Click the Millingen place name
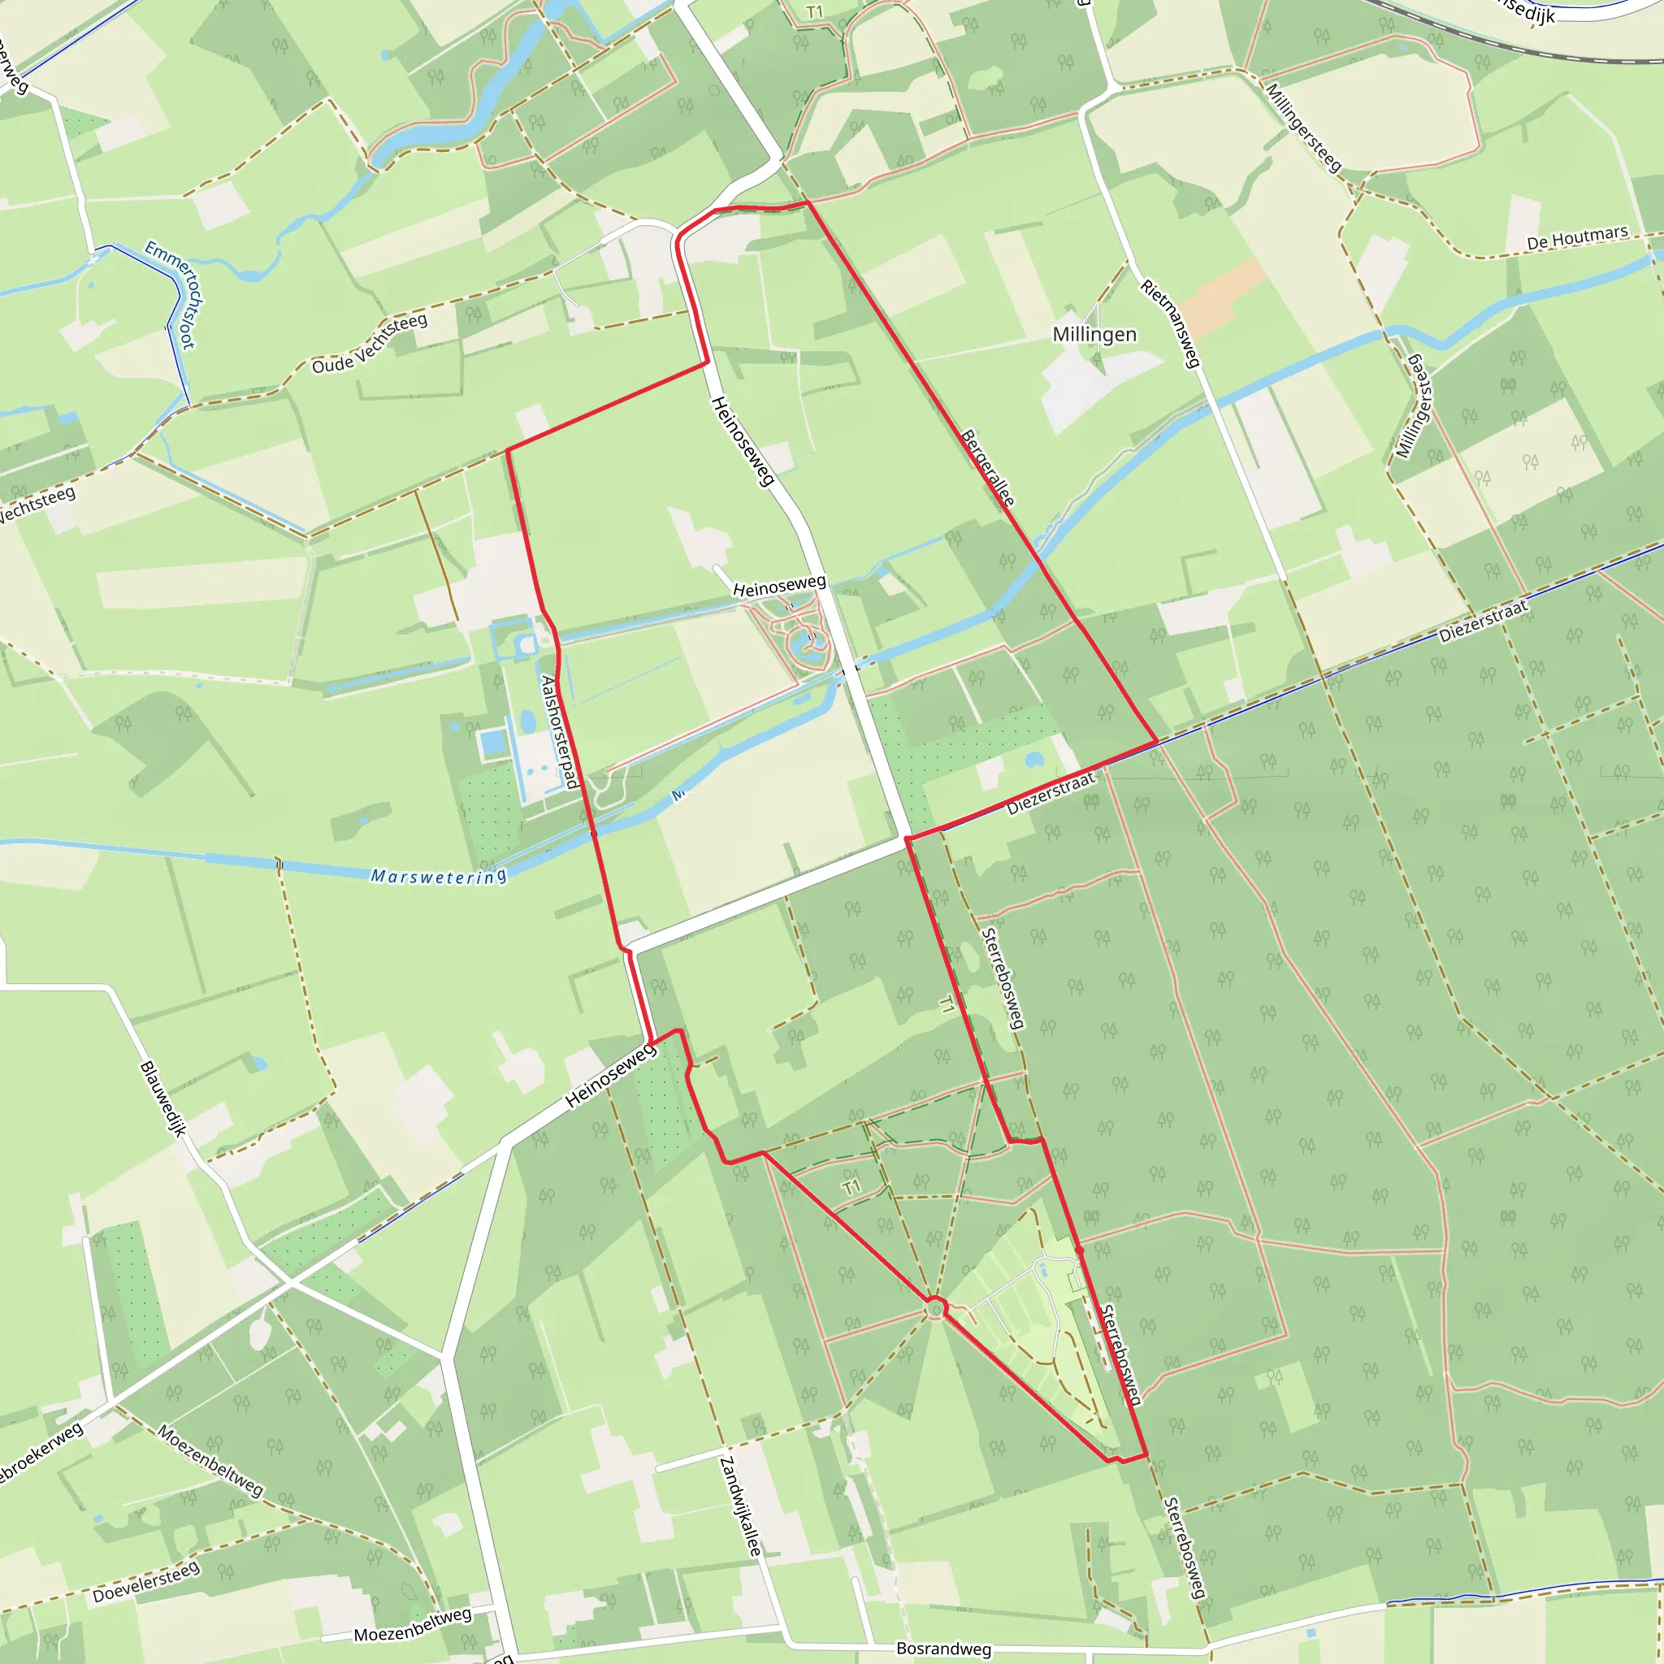pos(1094,334)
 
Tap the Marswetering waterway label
pos(438,877)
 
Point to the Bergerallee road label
pos(987,468)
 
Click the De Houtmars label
pos(1577,237)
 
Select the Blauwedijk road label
pos(162,1099)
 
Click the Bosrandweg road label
pos(943,1649)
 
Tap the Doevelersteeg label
pos(145,1582)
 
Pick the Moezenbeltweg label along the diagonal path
pos(210,1460)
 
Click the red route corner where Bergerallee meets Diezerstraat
pos(1157,741)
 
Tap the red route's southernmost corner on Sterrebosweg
pos(1146,1454)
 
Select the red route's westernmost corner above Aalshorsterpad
pos(507,449)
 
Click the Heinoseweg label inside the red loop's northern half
pos(743,441)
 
